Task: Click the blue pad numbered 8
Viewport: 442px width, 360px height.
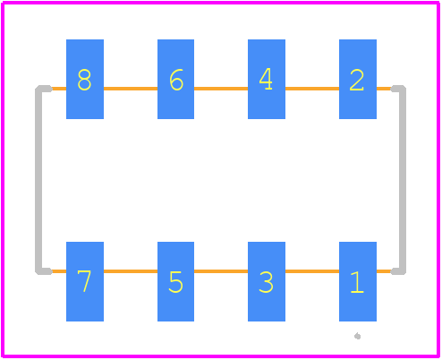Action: click(85, 79)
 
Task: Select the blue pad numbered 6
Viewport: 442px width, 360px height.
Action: click(175, 79)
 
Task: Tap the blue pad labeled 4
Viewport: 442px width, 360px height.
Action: click(267, 79)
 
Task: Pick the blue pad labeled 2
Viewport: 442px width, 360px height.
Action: click(358, 79)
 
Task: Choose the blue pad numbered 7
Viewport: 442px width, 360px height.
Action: click(85, 281)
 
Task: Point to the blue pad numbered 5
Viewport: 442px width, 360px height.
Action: click(175, 281)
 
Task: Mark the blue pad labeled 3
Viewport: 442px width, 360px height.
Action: click(267, 281)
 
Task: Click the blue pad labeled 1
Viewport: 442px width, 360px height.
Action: click(358, 281)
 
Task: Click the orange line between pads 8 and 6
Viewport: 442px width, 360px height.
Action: click(131, 89)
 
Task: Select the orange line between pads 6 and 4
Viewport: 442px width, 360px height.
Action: click(221, 89)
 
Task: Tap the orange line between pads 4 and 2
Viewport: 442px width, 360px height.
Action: click(312, 89)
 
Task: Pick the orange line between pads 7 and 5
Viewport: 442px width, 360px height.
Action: click(131, 271)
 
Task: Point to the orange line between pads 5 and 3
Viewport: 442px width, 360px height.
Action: click(221, 271)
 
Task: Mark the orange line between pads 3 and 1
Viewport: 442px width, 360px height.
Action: click(312, 271)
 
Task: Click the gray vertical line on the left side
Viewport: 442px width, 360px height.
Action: click(38, 180)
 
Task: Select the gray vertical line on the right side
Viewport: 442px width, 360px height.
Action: click(403, 180)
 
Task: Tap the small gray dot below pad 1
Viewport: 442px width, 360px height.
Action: click(358, 336)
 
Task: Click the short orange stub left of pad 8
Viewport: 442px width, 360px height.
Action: click(59, 89)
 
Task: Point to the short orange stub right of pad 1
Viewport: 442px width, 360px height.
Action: click(384, 271)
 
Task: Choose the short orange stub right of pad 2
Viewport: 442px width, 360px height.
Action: click(384, 89)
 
